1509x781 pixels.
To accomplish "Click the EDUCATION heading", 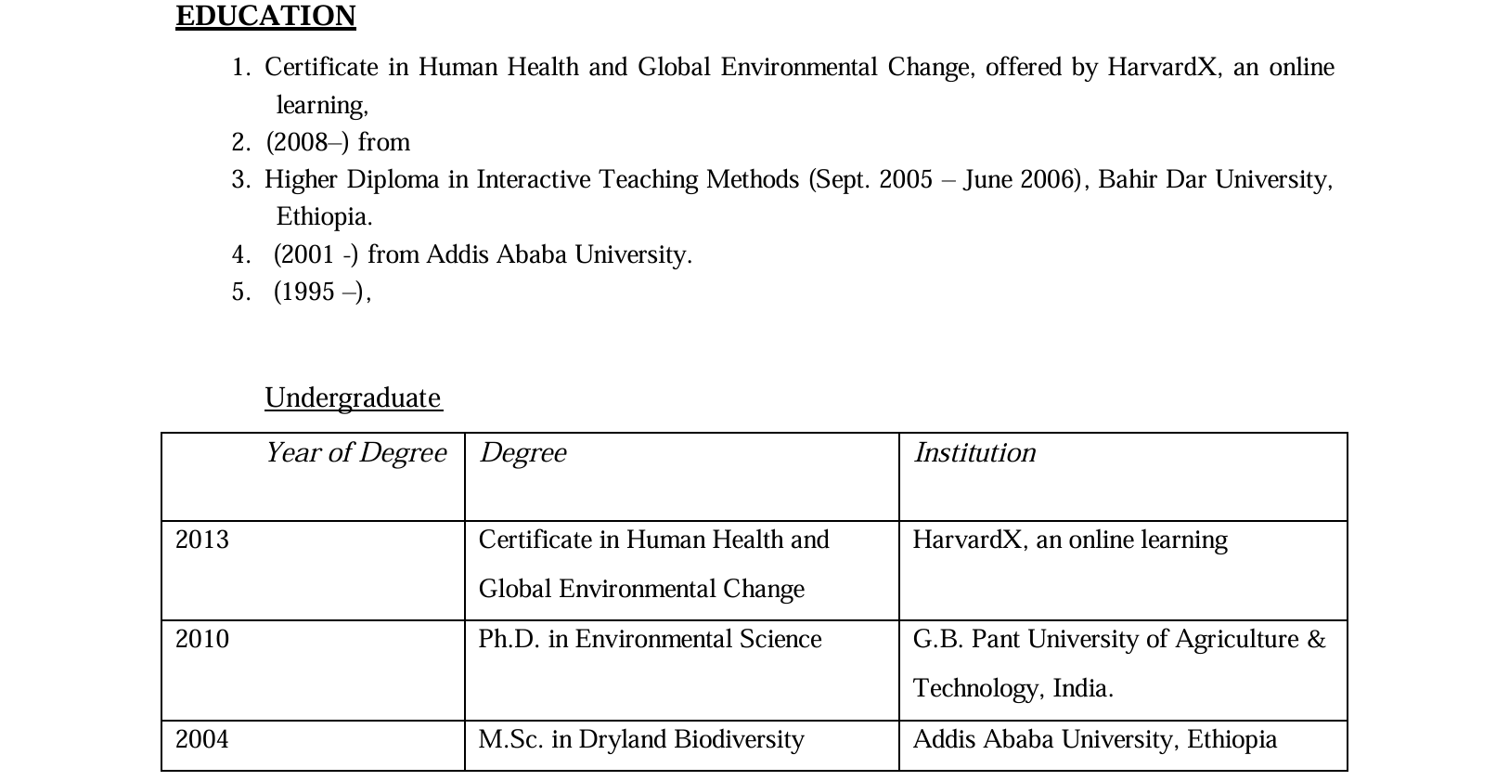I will click(265, 16).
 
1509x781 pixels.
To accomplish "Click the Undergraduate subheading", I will click(353, 397).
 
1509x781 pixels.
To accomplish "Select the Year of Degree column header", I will click(355, 452).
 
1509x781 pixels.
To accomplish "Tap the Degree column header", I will click(522, 452).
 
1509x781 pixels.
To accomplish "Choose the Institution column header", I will click(974, 452).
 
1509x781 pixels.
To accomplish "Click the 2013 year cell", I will click(202, 540).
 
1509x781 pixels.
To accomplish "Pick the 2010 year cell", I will click(202, 639).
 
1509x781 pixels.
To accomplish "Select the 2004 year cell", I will click(202, 739).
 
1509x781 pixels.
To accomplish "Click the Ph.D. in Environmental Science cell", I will click(650, 639).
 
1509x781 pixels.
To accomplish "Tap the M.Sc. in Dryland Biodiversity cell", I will click(641, 739).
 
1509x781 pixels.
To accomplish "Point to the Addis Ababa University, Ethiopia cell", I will click(1094, 739).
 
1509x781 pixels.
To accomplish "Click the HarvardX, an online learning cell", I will click(1069, 540).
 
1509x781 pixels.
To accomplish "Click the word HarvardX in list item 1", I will click(1161, 67).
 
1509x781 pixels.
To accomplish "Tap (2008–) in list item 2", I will click(307, 142).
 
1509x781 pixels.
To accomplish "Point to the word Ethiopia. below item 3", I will click(324, 216).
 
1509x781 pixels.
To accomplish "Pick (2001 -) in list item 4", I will click(316, 254).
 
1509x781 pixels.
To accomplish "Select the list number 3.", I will click(240, 179).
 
